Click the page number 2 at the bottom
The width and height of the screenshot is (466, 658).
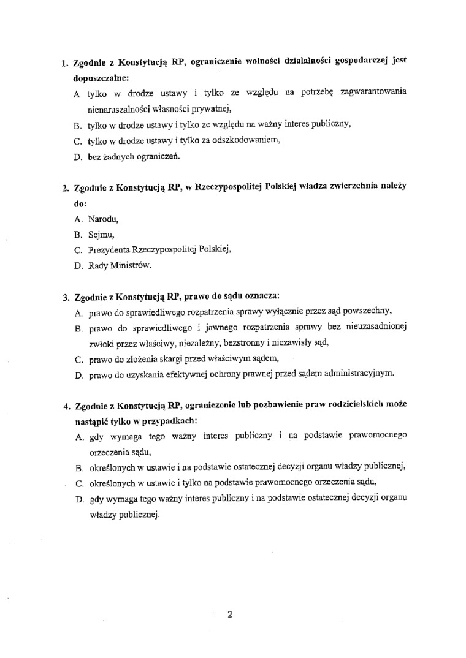coord(229,614)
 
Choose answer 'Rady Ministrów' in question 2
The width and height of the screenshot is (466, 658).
coord(119,265)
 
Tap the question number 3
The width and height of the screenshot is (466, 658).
coord(65,298)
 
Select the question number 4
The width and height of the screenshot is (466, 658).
coord(65,406)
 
